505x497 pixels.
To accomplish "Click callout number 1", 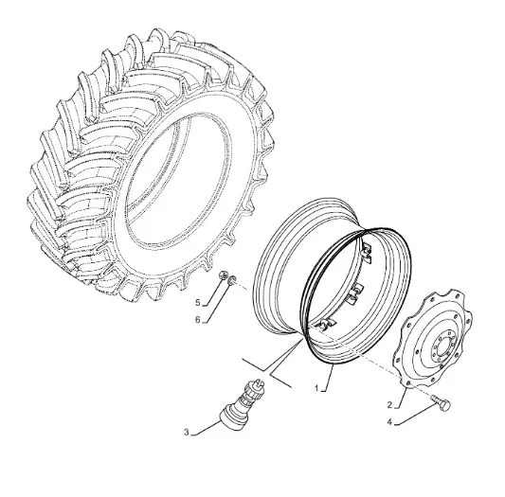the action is point(316,388).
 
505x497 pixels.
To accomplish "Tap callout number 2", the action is point(389,404).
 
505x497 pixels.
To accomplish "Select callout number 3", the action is point(187,432).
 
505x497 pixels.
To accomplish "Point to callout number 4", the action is point(389,422).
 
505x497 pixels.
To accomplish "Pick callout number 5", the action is point(198,303).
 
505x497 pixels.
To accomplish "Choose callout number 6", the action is point(198,320).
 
